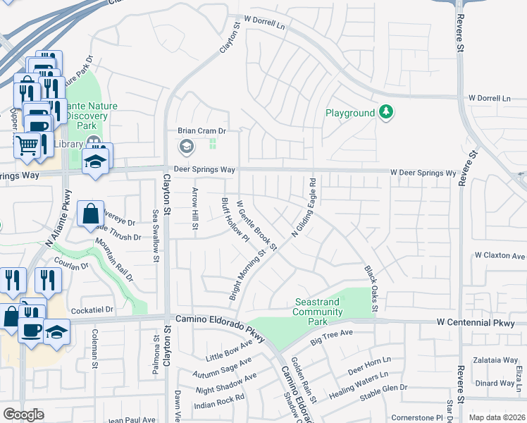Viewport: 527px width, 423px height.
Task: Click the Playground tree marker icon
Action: (385, 111)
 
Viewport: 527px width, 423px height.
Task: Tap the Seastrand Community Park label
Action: (317, 312)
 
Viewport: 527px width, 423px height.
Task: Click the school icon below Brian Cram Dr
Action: (186, 147)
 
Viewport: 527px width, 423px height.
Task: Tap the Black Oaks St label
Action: (371, 288)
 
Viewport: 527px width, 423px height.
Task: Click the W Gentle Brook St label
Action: (256, 224)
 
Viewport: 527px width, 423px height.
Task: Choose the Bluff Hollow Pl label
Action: (235, 219)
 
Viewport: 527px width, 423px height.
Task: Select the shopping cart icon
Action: (27, 145)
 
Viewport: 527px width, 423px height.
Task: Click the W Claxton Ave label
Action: (500, 255)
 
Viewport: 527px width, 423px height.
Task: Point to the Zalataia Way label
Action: (495, 360)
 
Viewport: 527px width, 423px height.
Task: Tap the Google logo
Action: (23, 415)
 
